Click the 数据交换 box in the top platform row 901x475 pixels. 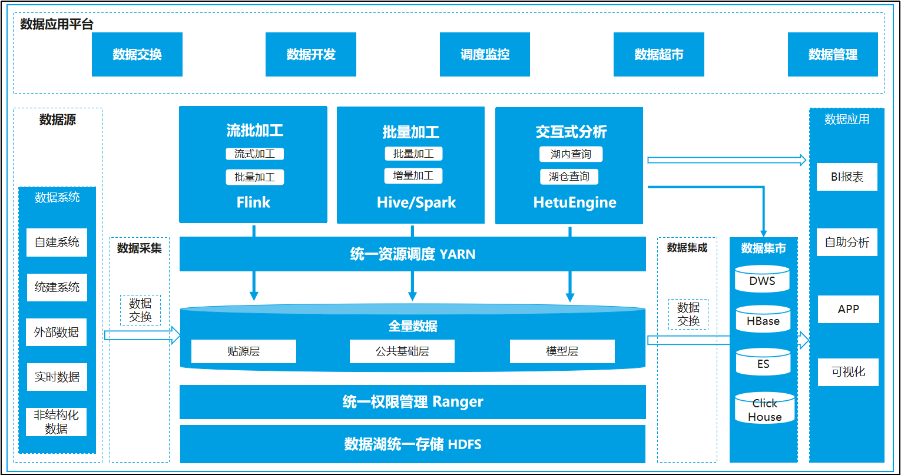point(137,54)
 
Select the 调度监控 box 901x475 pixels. point(485,54)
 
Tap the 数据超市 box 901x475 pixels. point(659,54)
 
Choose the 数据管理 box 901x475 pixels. point(833,54)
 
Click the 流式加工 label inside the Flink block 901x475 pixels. point(254,154)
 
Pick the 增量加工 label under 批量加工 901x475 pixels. point(413,176)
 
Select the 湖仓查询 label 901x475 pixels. point(569,177)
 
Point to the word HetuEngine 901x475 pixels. point(575,202)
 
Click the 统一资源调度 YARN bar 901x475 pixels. point(413,254)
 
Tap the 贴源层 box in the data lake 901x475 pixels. point(244,351)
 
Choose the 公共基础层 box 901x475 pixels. point(402,351)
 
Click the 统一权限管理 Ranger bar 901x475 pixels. point(413,402)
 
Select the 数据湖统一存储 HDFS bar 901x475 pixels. point(413,444)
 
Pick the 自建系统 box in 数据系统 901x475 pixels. point(57,242)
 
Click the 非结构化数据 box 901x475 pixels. point(57,422)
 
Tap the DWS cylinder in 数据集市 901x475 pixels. point(762,279)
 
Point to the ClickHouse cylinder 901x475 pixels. point(764,408)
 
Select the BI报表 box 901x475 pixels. point(847,177)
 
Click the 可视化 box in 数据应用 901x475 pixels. point(849,372)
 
